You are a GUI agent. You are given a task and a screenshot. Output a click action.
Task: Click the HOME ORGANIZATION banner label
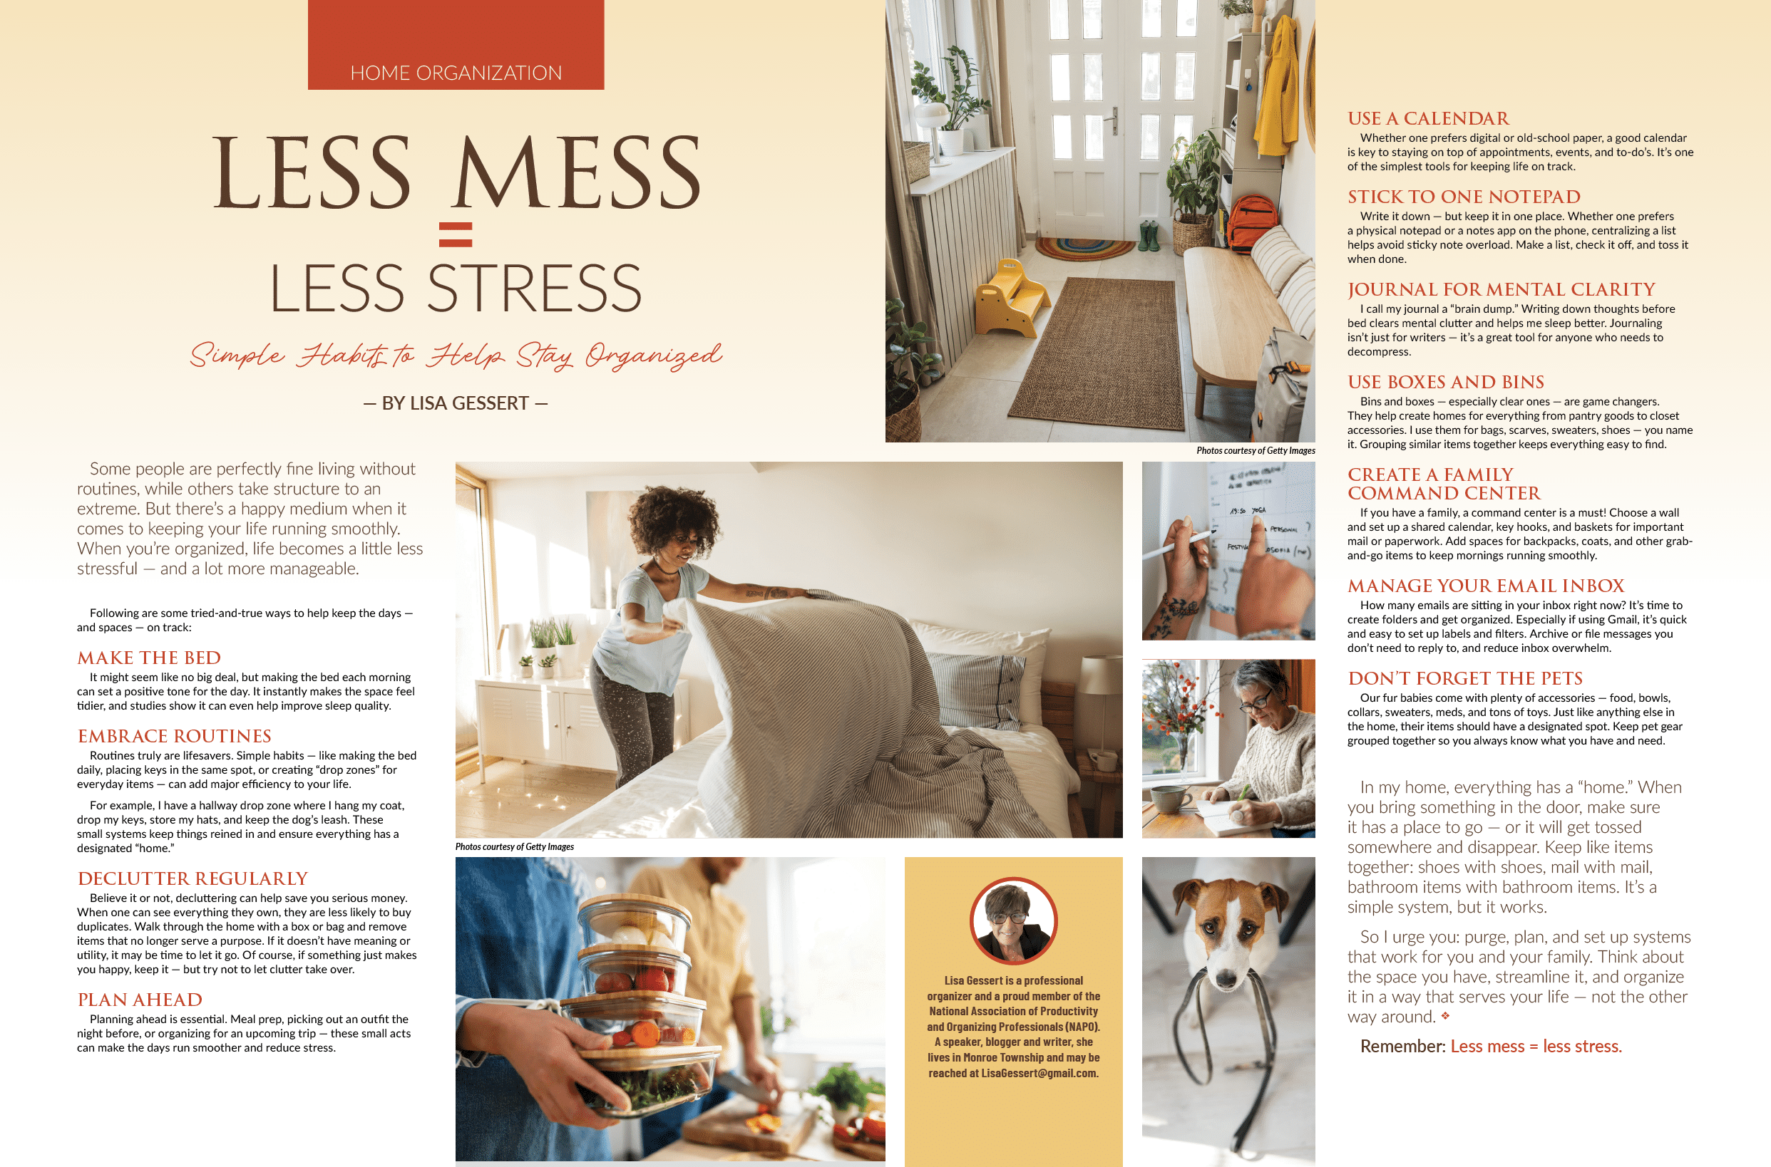click(456, 73)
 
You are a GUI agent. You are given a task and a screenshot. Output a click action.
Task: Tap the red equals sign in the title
click(456, 234)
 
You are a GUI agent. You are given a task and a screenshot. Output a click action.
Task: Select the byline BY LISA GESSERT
click(455, 403)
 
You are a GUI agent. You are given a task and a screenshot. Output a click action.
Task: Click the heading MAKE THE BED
click(149, 658)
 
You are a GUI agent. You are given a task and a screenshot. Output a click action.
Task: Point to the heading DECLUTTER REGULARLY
click(193, 879)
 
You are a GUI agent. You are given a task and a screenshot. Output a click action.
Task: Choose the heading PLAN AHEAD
click(140, 1000)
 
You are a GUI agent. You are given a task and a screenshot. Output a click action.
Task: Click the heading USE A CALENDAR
click(1428, 118)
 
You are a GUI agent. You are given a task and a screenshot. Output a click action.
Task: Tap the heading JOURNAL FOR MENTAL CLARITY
click(1501, 289)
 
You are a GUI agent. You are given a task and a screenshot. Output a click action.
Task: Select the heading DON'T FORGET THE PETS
click(1465, 678)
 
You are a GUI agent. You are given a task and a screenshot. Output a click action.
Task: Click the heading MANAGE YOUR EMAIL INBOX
click(1486, 586)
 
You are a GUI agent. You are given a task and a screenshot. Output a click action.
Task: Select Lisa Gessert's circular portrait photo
click(1013, 920)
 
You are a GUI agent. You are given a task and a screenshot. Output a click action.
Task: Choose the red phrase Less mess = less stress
click(1536, 1047)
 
